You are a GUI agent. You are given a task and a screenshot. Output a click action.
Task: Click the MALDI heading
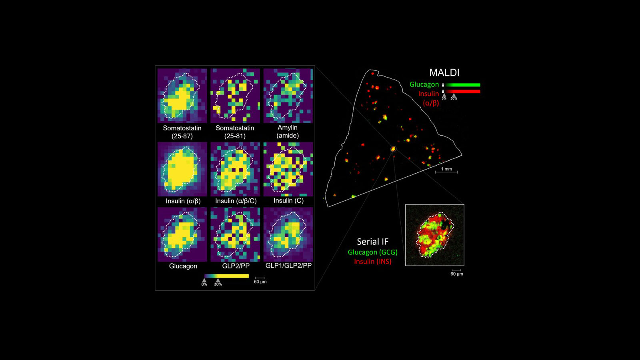pyautogui.click(x=444, y=72)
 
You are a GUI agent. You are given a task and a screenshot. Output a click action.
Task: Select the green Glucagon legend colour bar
pyautogui.click(x=463, y=85)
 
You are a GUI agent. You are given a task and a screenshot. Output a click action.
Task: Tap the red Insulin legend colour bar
pyautogui.click(x=463, y=91)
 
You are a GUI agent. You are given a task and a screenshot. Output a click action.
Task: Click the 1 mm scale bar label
pyautogui.click(x=446, y=169)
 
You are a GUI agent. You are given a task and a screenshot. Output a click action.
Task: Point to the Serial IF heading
pyautogui.click(x=372, y=242)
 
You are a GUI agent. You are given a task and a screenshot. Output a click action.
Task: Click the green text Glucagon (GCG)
pyautogui.click(x=372, y=252)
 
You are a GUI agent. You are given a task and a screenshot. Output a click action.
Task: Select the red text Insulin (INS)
pyautogui.click(x=372, y=261)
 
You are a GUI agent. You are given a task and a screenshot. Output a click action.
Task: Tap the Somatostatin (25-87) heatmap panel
pyautogui.click(x=182, y=95)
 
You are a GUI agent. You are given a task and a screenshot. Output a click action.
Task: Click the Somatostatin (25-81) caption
pyautogui.click(x=235, y=132)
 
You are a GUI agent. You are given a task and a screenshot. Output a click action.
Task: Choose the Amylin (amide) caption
pyautogui.click(x=288, y=131)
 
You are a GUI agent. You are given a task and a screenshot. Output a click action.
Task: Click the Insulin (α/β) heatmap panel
pyautogui.click(x=182, y=168)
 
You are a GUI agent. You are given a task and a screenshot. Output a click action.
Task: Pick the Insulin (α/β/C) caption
pyautogui.click(x=236, y=201)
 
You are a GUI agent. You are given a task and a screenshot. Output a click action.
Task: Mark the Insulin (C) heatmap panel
pyautogui.click(x=288, y=168)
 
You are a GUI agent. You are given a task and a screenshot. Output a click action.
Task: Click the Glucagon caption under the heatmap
pyautogui.click(x=183, y=266)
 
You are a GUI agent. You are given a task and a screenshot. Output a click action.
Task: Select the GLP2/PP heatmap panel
pyautogui.click(x=235, y=234)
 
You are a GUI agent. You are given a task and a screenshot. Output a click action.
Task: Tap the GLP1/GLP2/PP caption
pyautogui.click(x=288, y=266)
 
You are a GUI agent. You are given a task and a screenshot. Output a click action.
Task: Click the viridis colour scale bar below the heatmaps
pyautogui.click(x=226, y=276)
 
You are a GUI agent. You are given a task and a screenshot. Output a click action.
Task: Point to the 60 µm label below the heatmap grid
pyautogui.click(x=260, y=282)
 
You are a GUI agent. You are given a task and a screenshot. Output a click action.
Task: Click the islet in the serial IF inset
pyautogui.click(x=435, y=235)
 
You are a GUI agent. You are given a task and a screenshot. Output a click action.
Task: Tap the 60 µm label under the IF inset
pyautogui.click(x=456, y=274)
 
